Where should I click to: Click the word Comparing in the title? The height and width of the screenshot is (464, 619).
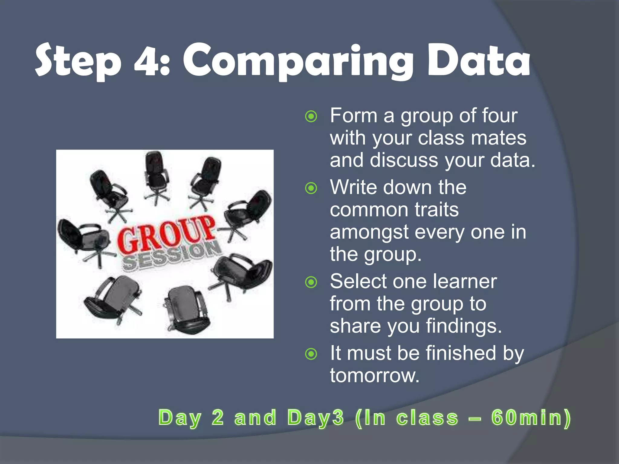[298, 62]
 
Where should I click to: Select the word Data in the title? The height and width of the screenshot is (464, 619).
[479, 60]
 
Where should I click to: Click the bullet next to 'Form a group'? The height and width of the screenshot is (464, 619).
[311, 116]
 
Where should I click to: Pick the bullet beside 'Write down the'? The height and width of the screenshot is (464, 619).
[311, 188]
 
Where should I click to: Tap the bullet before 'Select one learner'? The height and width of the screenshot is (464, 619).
[311, 282]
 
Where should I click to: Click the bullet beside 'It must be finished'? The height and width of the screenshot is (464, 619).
[311, 354]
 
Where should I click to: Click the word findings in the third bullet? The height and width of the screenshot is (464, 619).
[464, 326]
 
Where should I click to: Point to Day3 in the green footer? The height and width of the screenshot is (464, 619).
[316, 418]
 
